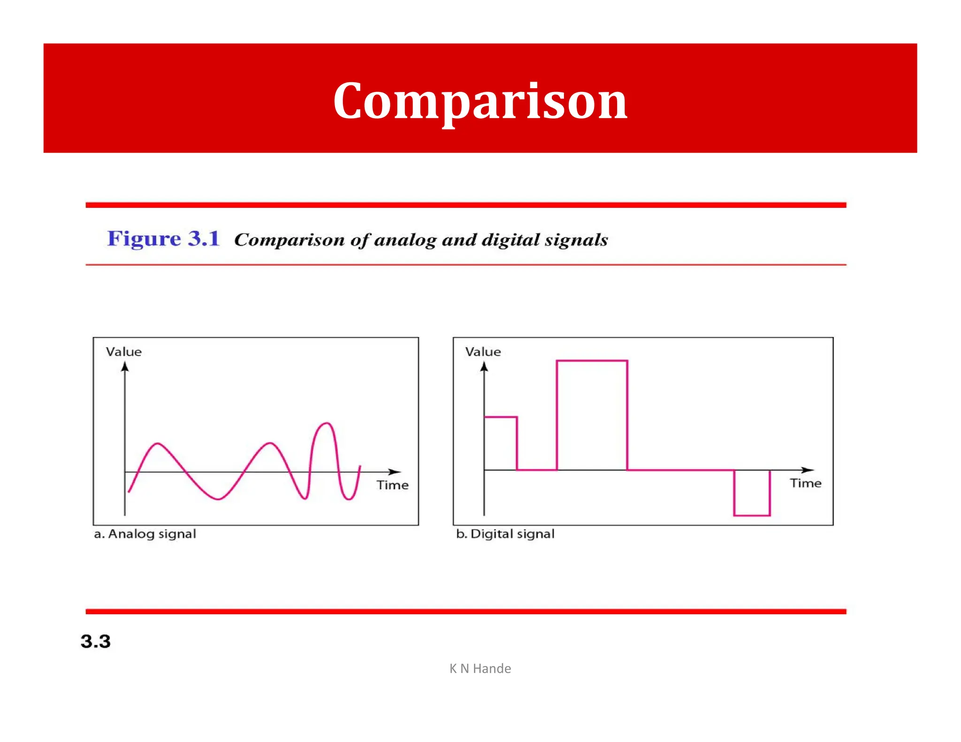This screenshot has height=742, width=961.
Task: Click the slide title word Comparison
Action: (480, 101)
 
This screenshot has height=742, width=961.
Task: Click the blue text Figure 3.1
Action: (163, 239)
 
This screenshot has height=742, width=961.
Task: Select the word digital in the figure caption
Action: (511, 240)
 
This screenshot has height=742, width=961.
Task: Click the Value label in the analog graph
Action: (123, 352)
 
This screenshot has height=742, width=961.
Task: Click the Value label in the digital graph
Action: (483, 352)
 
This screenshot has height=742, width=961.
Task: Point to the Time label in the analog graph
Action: (392, 485)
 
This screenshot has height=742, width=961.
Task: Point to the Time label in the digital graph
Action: (805, 483)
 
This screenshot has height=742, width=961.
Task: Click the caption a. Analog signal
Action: (145, 534)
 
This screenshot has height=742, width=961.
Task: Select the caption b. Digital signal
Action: (505, 534)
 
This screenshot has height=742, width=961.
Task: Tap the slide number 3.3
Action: (95, 641)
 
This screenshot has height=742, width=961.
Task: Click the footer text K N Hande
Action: (480, 668)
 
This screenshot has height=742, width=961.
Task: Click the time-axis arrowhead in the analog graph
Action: (395, 471)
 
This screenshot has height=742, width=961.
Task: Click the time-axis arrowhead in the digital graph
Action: (808, 469)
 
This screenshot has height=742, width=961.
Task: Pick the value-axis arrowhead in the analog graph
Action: (125, 367)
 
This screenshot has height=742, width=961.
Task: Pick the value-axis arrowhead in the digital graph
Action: (484, 367)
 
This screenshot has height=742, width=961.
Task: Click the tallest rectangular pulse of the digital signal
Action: (592, 413)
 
